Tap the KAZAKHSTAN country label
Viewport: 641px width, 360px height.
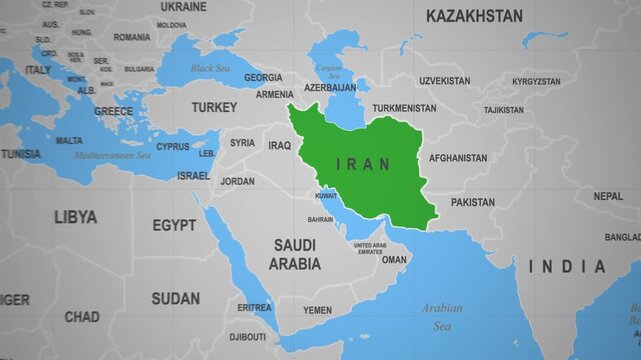(474, 16)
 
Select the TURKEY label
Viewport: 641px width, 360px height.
(215, 107)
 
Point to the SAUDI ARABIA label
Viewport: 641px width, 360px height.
(295, 255)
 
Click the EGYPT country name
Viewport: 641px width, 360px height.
(174, 226)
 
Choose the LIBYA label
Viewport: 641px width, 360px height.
(76, 216)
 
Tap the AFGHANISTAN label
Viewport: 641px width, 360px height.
(458, 158)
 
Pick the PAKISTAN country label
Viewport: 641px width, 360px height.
(472, 202)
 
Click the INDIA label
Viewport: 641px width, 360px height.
(567, 267)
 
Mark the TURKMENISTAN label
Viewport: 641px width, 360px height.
(404, 108)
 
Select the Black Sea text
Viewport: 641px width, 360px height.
(210, 68)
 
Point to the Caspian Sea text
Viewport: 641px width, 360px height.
(329, 72)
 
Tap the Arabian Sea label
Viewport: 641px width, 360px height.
(441, 317)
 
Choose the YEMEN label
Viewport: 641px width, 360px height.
(317, 310)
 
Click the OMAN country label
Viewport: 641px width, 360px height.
(394, 260)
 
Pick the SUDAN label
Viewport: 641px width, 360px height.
(175, 298)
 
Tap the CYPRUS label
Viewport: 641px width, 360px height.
(172, 146)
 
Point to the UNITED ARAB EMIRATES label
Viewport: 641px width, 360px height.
(369, 248)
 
